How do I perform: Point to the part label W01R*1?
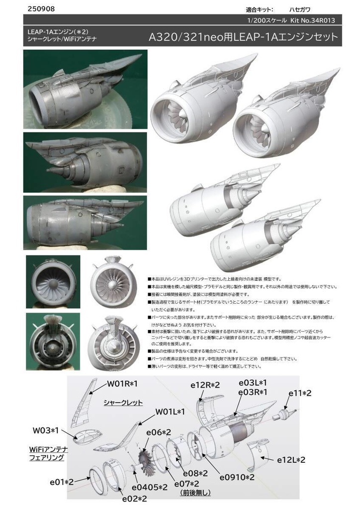(122, 384)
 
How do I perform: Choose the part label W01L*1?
(170, 412)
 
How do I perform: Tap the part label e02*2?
(135, 498)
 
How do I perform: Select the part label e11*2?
(300, 393)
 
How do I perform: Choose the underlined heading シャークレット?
(123, 402)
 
